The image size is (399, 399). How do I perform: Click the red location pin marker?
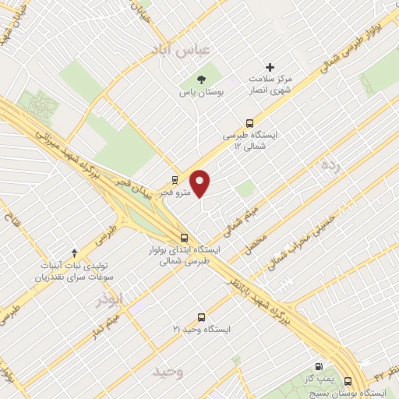(x=201, y=183)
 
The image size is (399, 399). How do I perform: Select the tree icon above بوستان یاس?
(x=201, y=79)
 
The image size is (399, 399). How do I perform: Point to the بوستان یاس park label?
(x=202, y=93)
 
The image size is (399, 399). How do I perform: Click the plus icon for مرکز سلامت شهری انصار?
(x=270, y=68)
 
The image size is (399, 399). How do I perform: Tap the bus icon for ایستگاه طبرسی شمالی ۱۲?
(x=249, y=122)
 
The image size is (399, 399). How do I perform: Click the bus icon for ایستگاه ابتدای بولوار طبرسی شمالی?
(x=184, y=238)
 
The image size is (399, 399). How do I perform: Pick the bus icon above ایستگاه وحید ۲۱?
(x=202, y=317)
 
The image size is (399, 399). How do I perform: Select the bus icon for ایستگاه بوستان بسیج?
(x=348, y=381)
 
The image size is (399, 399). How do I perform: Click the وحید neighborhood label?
(x=168, y=371)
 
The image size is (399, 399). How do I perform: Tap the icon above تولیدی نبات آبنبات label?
(x=74, y=252)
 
